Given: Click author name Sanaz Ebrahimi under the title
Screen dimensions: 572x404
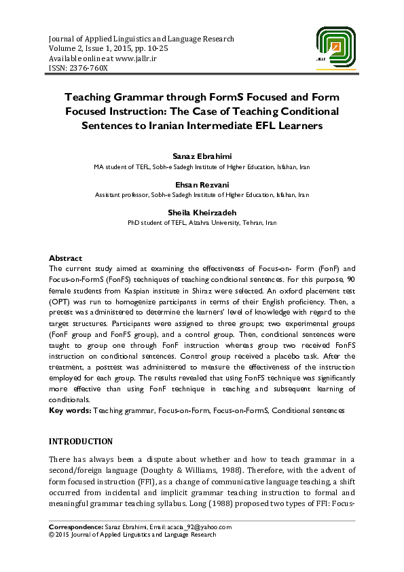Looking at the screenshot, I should coord(202,158).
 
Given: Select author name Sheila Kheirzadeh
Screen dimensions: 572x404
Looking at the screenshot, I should coord(202,213).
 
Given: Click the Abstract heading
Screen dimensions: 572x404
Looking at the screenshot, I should coord(65,258).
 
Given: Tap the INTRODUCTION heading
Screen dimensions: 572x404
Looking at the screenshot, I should coord(80,441).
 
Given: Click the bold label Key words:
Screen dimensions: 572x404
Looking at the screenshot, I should coord(70,411).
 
